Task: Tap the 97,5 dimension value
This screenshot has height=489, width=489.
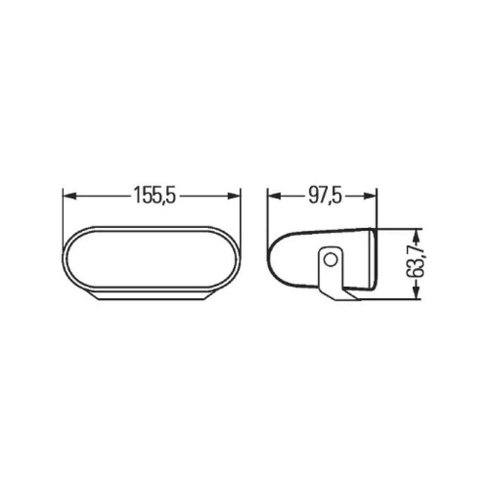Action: (324, 196)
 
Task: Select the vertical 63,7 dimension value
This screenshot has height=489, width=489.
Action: (417, 263)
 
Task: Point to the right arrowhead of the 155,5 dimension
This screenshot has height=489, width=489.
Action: (237, 196)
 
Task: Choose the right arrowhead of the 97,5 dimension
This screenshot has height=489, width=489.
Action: (373, 196)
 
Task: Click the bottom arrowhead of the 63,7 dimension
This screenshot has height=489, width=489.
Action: (416, 293)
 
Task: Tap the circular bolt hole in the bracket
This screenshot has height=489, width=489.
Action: (331, 259)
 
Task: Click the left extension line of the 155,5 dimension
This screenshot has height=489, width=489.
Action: (63, 215)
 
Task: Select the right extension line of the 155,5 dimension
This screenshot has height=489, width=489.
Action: (242, 215)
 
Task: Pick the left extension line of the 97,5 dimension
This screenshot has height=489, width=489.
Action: (267, 215)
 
